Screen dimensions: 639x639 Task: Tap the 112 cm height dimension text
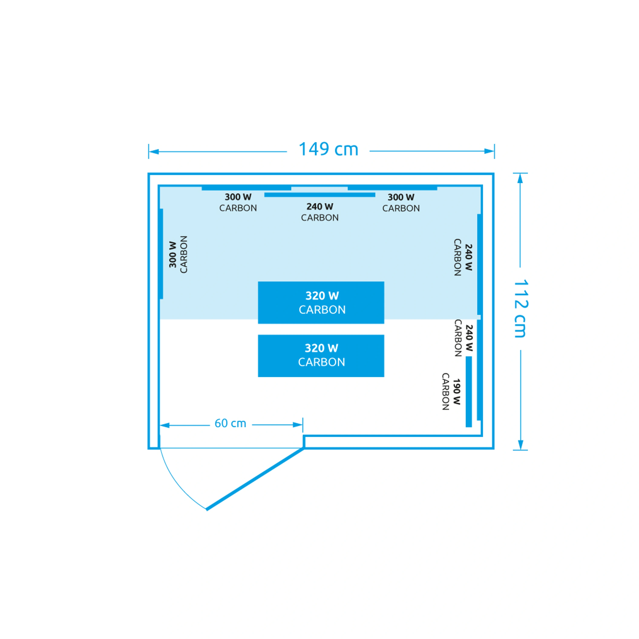(521, 309)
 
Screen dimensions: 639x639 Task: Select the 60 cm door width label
(230, 423)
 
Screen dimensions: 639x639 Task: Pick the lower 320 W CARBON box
(321, 355)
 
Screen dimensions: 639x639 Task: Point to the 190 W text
(457, 392)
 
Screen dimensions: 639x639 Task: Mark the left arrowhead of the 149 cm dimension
(154, 152)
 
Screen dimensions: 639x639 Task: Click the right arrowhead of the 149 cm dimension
(489, 151)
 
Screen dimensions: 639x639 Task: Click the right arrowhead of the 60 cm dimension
(298, 425)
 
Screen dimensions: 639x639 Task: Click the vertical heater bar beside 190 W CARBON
(469, 392)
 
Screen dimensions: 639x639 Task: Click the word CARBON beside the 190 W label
(446, 392)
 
